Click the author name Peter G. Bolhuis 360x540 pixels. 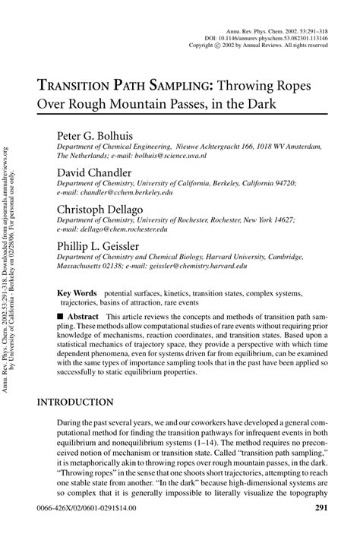[x=99, y=135]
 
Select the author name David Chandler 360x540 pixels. [x=94, y=172]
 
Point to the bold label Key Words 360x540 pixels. [x=77, y=292]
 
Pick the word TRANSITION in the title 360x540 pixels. [x=84, y=85]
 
